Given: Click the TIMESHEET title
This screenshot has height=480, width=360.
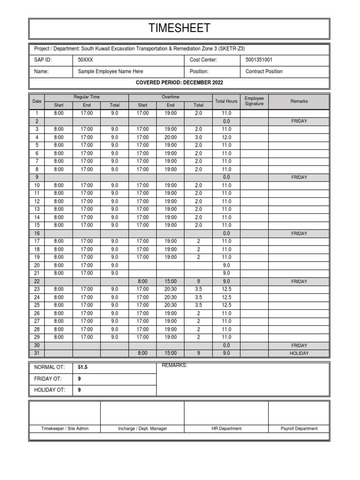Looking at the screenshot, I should click(x=180, y=29).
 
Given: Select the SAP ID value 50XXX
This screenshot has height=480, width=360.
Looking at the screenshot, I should click(x=85, y=60).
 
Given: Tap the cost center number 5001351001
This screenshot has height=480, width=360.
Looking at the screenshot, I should click(x=259, y=60).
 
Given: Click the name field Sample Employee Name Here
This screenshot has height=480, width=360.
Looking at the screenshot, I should click(x=110, y=72).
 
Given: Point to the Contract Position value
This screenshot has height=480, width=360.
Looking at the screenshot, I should click(x=264, y=72).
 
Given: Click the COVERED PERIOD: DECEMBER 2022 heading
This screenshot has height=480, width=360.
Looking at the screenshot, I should click(x=180, y=83).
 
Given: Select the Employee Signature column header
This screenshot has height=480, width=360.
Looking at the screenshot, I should click(x=254, y=101).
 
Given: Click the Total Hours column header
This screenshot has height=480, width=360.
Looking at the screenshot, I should click(x=226, y=101).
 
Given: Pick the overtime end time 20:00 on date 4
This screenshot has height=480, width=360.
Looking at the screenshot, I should click(x=171, y=137).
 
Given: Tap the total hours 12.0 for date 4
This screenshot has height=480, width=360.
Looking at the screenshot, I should click(x=226, y=137).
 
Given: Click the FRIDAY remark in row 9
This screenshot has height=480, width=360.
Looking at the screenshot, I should click(x=299, y=177).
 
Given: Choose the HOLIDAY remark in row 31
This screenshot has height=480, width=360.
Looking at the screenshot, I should click(x=299, y=354).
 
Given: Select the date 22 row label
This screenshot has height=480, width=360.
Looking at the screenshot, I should click(x=37, y=282).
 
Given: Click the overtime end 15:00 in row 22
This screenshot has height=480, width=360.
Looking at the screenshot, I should click(x=171, y=282).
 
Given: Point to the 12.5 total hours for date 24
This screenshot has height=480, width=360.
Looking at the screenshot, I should click(x=226, y=298).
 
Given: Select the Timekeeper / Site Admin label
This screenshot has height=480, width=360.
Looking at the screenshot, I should click(x=65, y=428).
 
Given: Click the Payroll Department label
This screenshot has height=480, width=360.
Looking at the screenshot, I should click(x=299, y=428).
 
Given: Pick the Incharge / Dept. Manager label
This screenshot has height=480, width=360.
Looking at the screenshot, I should click(x=142, y=428).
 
